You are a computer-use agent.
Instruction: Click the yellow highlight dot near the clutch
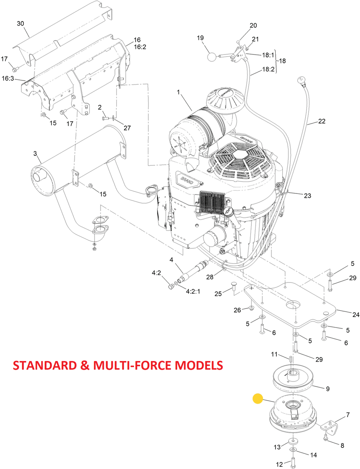tap(258, 398)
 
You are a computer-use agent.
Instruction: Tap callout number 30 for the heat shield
tap(20, 24)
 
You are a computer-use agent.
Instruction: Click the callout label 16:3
tap(8, 78)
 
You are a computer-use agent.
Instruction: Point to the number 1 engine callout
tap(178, 92)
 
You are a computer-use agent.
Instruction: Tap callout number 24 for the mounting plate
tap(356, 315)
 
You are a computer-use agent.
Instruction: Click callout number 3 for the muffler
tap(35, 153)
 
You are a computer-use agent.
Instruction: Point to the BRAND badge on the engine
tap(187, 181)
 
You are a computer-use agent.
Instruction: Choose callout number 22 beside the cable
tap(322, 121)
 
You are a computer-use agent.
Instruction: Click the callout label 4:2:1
tap(193, 291)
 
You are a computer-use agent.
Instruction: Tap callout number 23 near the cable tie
tap(308, 196)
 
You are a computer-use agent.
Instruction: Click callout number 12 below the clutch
tap(279, 464)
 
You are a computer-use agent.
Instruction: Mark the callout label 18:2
tap(268, 69)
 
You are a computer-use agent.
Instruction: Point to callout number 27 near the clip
tap(127, 128)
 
